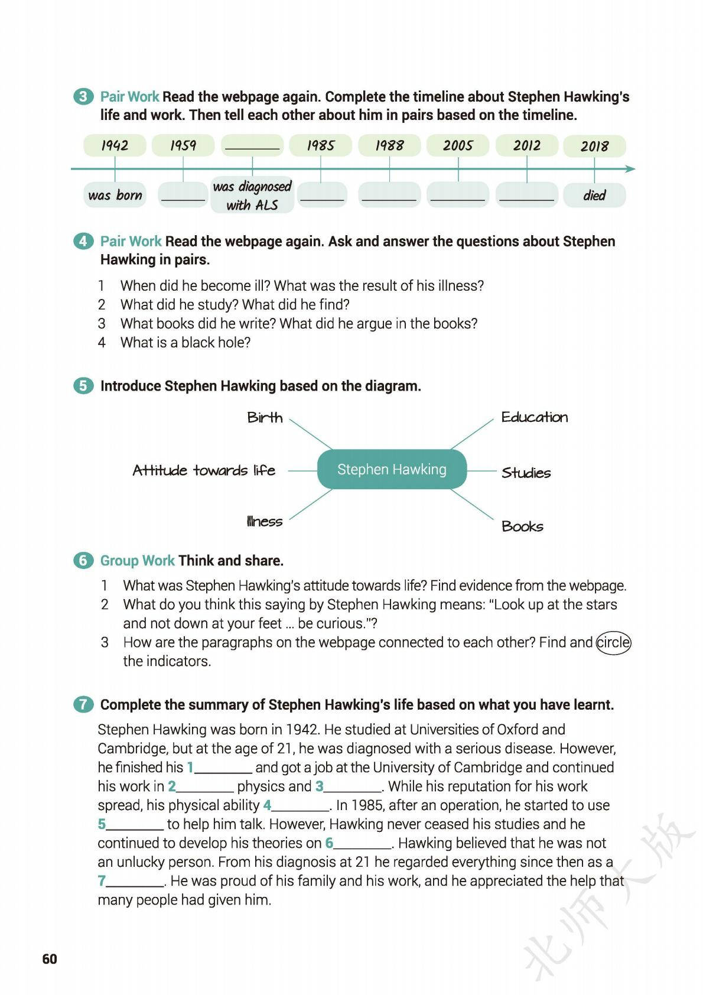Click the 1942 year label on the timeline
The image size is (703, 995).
115,145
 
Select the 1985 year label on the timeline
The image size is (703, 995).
320,145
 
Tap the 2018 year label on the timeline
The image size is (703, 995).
594,146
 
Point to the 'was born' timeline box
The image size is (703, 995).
115,195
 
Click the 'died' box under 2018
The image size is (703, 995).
594,195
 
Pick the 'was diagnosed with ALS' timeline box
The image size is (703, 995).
252,195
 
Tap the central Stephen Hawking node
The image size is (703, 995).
392,470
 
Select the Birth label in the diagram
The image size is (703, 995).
265,418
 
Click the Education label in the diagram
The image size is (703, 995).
534,417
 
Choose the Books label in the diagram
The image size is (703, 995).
522,526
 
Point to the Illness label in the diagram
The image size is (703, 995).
265,521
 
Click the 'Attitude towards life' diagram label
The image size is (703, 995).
204,470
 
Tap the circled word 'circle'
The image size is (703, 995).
613,642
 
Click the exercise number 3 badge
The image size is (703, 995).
83,97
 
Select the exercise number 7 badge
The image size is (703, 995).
83,704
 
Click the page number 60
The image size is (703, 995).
50,958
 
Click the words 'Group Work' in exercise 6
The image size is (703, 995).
137,560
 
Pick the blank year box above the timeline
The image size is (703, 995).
252,145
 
